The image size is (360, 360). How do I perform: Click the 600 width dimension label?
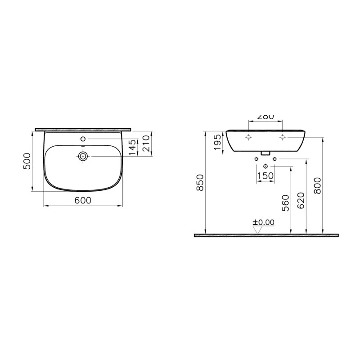click(83, 200)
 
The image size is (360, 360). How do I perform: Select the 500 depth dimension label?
click(27, 161)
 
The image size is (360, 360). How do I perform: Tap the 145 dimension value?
click(132, 147)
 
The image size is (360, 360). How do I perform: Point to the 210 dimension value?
click(145, 143)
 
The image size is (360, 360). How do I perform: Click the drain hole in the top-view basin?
click(83, 156)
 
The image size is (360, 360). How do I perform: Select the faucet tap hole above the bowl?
click(83, 138)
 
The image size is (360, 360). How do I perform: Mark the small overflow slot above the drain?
click(83, 147)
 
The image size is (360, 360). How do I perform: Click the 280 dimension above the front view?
click(265, 117)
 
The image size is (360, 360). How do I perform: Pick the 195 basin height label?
click(217, 142)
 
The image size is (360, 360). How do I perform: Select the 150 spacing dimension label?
click(265, 175)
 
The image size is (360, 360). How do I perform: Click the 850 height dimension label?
click(200, 182)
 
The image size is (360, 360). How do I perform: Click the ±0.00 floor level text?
click(263, 222)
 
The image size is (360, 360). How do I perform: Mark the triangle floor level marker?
click(258, 230)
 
